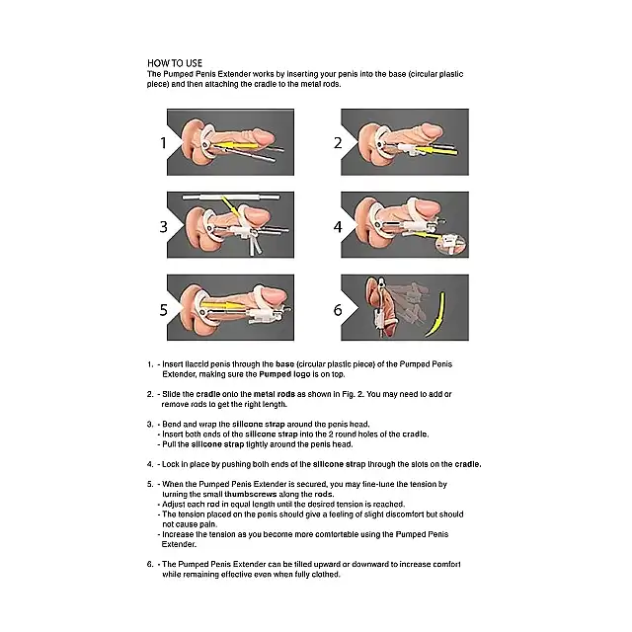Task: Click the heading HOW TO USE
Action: click(x=175, y=63)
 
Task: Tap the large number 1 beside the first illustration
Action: click(x=163, y=142)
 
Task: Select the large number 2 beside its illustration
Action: click(x=338, y=142)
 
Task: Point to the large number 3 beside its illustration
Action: click(x=163, y=226)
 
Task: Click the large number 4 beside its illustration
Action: click(x=338, y=226)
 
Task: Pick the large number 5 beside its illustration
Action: click(x=163, y=310)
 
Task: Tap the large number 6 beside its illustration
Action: click(x=338, y=310)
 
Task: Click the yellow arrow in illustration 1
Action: click(x=235, y=145)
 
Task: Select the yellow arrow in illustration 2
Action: click(x=436, y=151)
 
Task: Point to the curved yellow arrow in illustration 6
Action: click(x=438, y=316)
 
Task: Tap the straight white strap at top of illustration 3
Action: click(x=231, y=197)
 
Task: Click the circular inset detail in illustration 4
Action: click(x=451, y=244)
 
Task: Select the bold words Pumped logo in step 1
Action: click(x=284, y=374)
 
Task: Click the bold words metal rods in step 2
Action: click(x=275, y=394)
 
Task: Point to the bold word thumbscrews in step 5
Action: click(x=250, y=495)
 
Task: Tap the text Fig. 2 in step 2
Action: click(x=354, y=394)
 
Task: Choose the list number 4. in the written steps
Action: click(x=150, y=464)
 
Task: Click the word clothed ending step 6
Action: click(x=325, y=575)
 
